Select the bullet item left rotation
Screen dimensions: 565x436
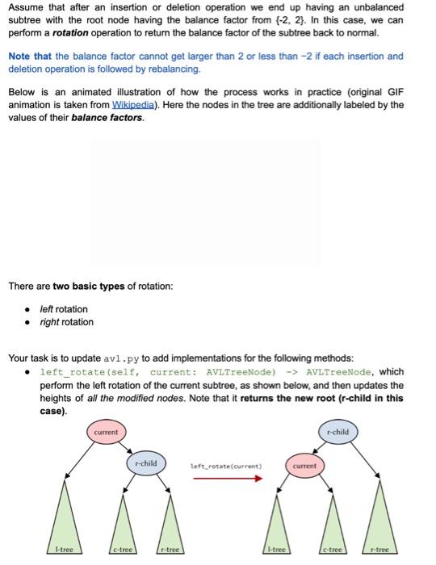[x=64, y=309]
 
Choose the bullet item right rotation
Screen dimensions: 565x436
[x=66, y=322]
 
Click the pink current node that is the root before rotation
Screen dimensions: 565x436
[x=106, y=432]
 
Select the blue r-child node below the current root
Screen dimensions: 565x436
[x=146, y=463]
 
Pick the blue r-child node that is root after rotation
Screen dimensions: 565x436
[x=338, y=432]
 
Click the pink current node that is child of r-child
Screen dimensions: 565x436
[x=304, y=466]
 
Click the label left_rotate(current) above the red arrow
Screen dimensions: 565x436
[x=226, y=466]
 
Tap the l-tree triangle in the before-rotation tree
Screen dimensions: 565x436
[x=61, y=533]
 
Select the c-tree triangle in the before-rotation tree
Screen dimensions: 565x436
[x=124, y=533]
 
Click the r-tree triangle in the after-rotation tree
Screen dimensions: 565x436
[x=378, y=533]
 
